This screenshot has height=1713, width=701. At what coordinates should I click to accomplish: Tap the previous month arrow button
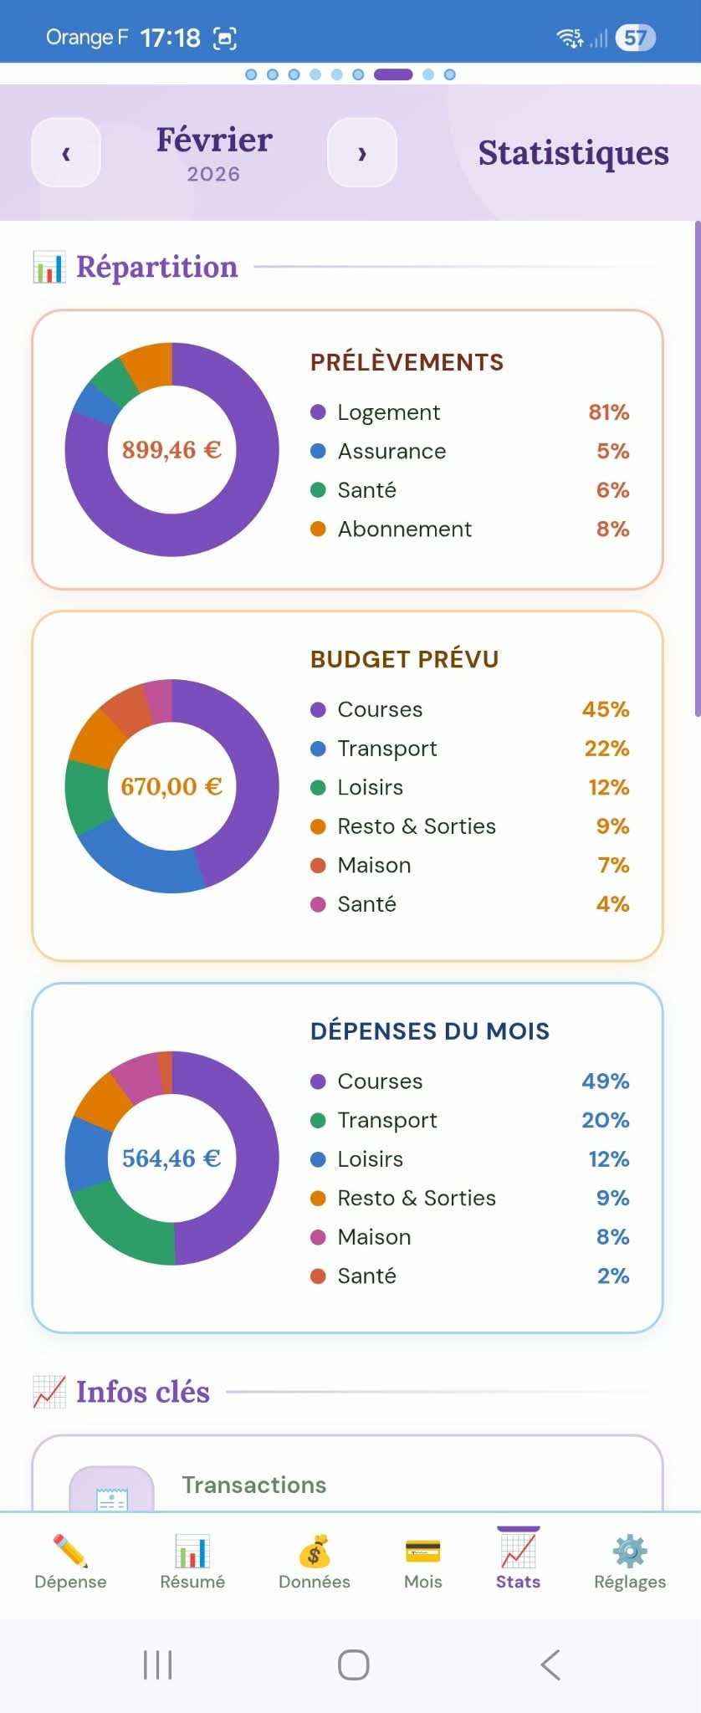[x=66, y=153]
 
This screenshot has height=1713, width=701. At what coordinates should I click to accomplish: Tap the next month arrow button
[x=361, y=153]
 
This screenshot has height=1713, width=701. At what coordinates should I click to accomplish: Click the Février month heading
[x=214, y=140]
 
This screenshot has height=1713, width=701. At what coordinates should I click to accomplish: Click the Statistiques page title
[x=573, y=153]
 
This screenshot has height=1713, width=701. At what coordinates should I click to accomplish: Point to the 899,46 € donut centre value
[x=171, y=450]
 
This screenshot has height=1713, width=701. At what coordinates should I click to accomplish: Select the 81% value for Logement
[x=608, y=412]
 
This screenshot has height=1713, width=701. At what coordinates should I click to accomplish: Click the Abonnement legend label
[x=404, y=529]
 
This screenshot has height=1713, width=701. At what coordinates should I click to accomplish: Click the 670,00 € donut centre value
[x=171, y=786]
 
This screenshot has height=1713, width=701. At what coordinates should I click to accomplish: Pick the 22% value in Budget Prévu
[x=606, y=749]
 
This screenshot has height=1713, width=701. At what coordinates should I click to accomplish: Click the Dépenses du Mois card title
[x=430, y=1031]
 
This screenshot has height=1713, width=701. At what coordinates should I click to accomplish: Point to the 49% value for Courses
[x=605, y=1081]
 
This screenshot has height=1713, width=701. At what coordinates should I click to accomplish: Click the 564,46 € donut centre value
[x=171, y=1158]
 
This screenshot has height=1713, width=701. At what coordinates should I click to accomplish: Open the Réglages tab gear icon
[x=630, y=1552]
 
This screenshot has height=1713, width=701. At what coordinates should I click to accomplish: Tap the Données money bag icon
[x=315, y=1552]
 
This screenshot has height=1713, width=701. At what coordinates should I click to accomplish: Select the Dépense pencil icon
[x=70, y=1552]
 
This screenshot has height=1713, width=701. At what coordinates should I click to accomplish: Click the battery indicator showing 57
[x=635, y=38]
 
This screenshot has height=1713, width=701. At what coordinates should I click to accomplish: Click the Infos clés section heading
[x=142, y=1392]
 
